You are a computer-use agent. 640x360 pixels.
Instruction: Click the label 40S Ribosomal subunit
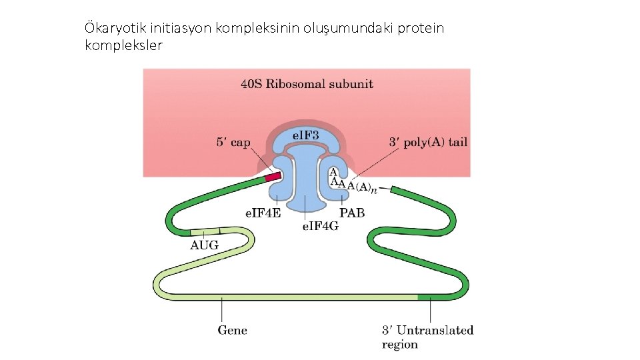(307, 84)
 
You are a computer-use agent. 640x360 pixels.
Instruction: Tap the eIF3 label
(306, 136)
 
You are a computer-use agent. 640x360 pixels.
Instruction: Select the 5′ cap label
(233, 142)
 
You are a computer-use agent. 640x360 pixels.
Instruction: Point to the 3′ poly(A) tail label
(427, 142)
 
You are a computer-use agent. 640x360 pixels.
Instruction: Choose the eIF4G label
(320, 227)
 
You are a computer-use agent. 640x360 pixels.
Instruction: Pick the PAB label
(352, 214)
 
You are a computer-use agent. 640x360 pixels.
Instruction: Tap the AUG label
(204, 245)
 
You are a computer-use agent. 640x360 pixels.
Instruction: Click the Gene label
(232, 330)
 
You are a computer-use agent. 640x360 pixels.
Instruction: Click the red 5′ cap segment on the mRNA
(273, 177)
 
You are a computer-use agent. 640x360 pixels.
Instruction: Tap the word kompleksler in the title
(124, 45)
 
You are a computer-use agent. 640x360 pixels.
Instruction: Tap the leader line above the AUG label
(203, 233)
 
